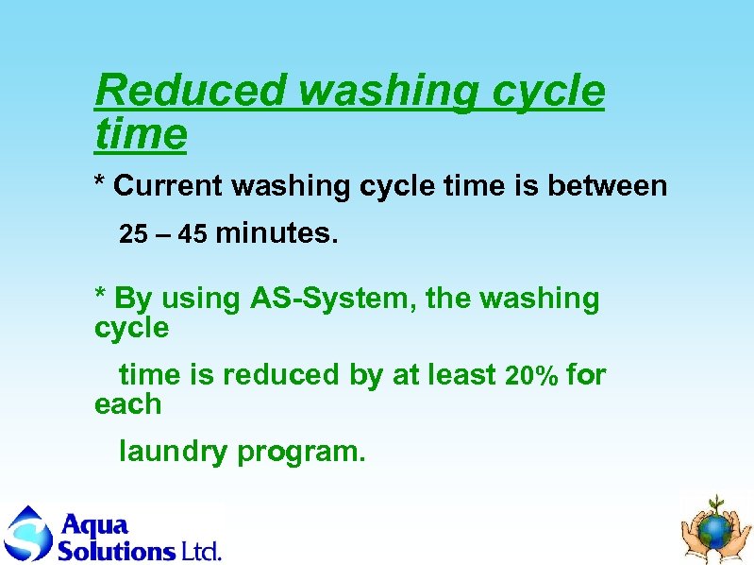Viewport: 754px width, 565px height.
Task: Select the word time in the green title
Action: (141, 135)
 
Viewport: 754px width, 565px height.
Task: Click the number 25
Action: (134, 234)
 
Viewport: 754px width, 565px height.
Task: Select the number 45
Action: (193, 234)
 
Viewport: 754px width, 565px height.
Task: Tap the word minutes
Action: (277, 233)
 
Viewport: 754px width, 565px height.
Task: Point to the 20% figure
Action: (531, 376)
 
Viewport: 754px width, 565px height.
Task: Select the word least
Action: (462, 375)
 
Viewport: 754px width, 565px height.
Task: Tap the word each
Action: (127, 404)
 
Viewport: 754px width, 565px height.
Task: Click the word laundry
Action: (173, 453)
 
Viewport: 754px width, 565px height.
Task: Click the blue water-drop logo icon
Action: (27, 534)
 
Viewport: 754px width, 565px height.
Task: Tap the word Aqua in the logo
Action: (93, 524)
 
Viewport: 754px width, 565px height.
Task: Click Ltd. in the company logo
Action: (200, 550)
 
